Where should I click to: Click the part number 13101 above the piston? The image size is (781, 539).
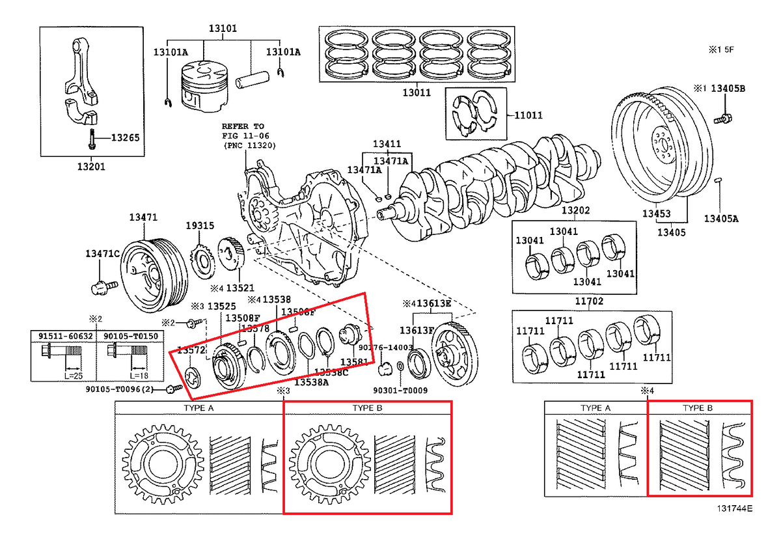pyautogui.click(x=223, y=29)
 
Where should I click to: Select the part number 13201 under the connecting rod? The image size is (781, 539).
pyautogui.click(x=90, y=166)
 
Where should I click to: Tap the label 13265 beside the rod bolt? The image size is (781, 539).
pyautogui.click(x=125, y=137)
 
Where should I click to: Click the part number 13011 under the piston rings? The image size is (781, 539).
pyautogui.click(x=416, y=92)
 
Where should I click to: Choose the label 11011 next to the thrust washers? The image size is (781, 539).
pyautogui.click(x=528, y=115)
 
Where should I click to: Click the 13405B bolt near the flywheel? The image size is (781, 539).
pyautogui.click(x=723, y=119)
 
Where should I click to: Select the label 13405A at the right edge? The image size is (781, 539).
pyautogui.click(x=721, y=219)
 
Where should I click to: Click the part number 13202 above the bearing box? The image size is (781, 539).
pyautogui.click(x=575, y=211)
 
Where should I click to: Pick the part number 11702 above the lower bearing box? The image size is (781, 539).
pyautogui.click(x=575, y=301)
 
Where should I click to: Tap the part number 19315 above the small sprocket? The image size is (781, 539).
pyautogui.click(x=199, y=225)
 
